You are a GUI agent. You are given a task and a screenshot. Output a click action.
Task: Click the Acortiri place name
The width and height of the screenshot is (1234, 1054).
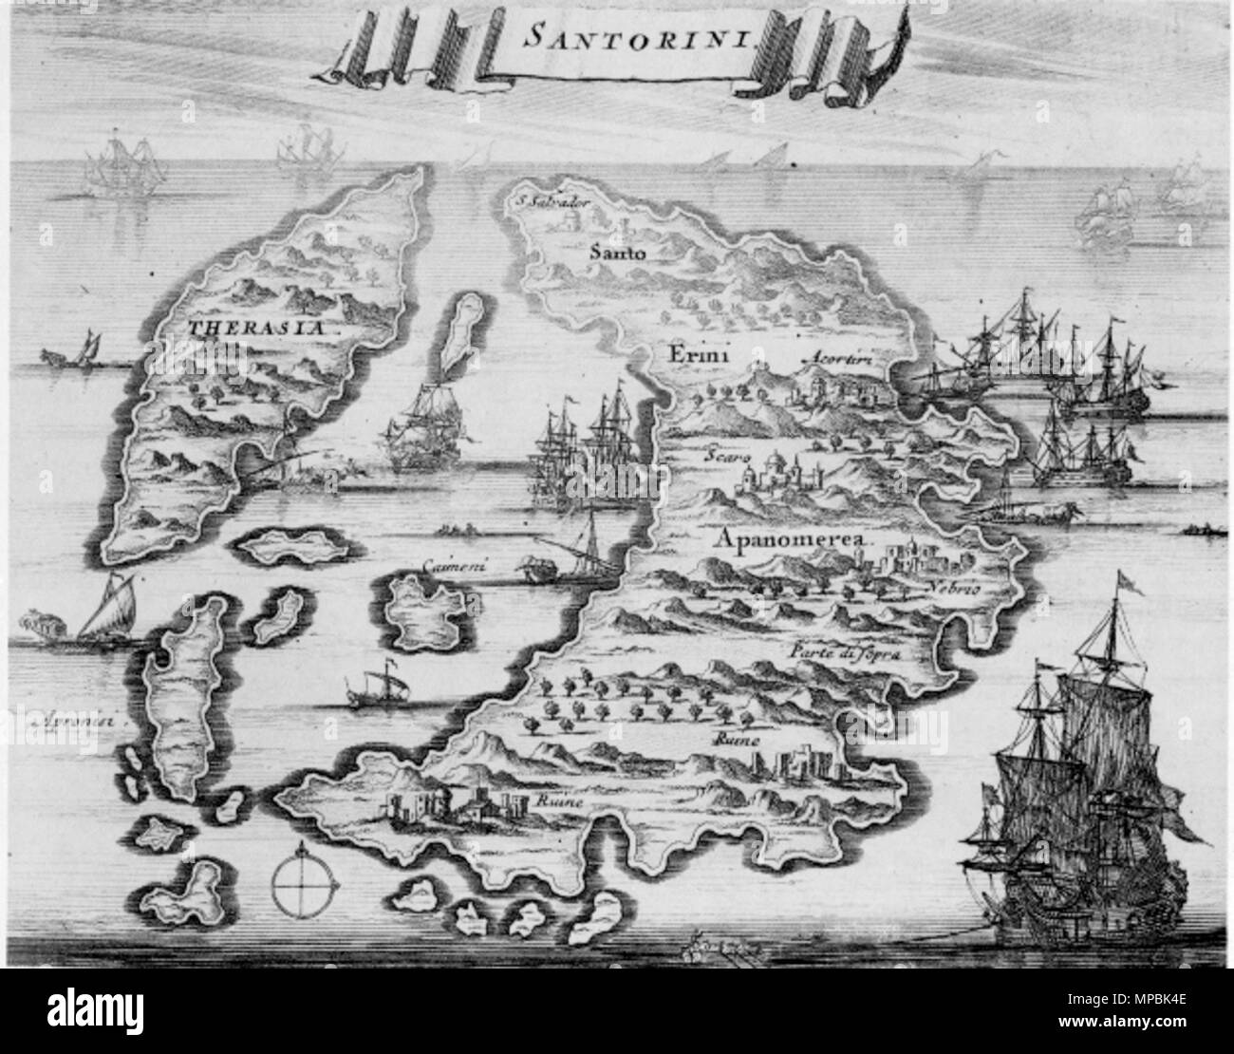click(x=836, y=359)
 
